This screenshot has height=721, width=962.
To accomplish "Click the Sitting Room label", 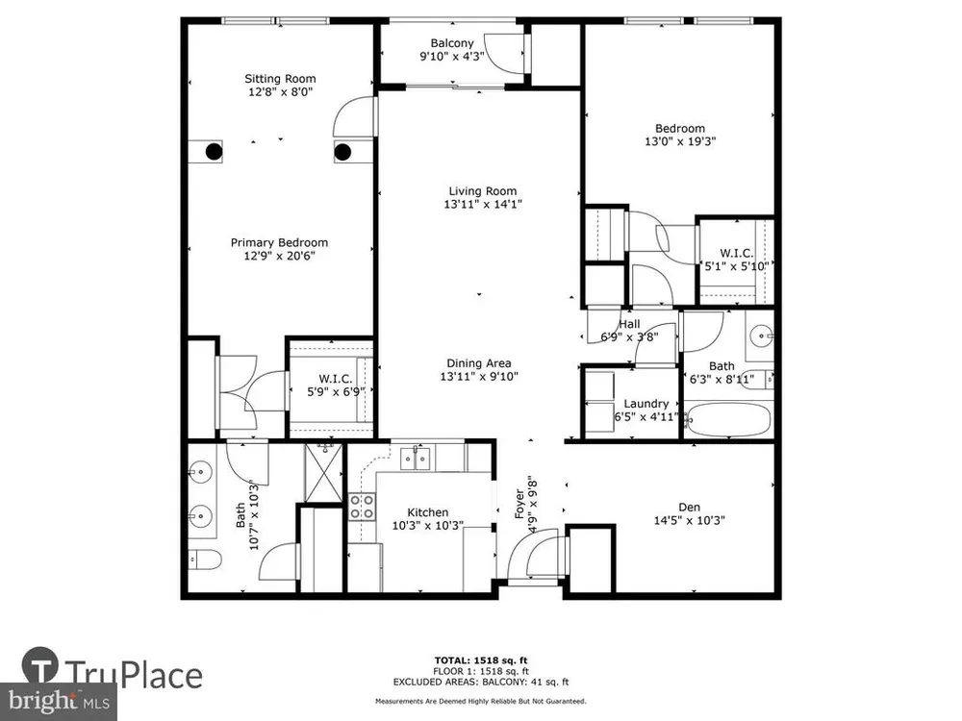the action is coord(280,79).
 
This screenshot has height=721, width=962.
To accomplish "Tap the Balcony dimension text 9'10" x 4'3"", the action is coord(452,57).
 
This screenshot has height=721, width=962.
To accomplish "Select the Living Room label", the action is coord(483,191).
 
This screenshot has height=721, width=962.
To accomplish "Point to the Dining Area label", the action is coord(479,363).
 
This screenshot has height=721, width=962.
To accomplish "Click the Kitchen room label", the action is coord(428,512).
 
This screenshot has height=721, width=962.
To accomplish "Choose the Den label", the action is coord(689,507).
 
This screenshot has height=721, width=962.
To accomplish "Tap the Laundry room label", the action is coord(646,404).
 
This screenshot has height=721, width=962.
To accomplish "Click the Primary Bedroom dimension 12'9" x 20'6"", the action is coord(279,256).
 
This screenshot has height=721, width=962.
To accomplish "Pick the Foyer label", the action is coord(519,504).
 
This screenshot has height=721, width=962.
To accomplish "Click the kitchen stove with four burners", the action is coord(362,507).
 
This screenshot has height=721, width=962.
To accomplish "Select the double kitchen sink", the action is coord(416,459).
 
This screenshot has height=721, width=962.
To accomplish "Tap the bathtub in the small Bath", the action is coord(727,419).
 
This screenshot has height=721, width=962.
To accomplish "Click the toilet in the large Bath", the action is coord(204,559).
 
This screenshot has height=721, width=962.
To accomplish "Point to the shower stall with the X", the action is coord(323,473).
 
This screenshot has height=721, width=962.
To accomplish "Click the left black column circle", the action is coord(214,152).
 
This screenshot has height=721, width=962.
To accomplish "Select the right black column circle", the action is coord(342,152).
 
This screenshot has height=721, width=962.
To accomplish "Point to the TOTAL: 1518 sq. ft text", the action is coord(481,660).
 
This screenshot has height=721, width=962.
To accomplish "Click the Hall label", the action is coord(629,324).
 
